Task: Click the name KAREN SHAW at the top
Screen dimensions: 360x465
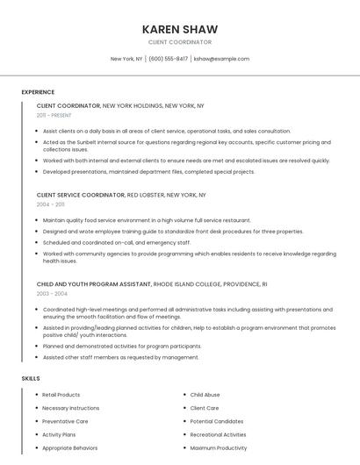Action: (180, 29)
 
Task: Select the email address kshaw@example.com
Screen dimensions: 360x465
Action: (221, 59)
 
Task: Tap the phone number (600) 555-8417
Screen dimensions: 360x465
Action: (169, 59)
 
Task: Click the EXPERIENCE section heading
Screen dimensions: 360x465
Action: (38, 91)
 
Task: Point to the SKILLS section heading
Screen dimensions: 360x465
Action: (31, 378)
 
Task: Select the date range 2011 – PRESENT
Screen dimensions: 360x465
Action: (54, 115)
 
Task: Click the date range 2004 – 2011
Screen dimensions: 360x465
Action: (50, 204)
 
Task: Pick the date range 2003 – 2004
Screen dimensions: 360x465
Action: (51, 293)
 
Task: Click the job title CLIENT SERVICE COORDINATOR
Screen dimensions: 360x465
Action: (81, 195)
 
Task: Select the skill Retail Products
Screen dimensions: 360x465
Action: (61, 395)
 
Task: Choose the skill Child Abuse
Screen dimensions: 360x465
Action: (205, 395)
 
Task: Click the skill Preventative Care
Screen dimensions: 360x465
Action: (65, 421)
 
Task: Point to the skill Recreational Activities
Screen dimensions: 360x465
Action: (218, 434)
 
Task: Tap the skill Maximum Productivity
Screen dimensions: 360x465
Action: (219, 447)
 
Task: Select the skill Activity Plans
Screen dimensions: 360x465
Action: (59, 434)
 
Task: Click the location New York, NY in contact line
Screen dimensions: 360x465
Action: (126, 59)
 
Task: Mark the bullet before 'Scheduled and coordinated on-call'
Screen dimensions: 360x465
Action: (37, 242)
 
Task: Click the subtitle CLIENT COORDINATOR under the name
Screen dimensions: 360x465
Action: (180, 41)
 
